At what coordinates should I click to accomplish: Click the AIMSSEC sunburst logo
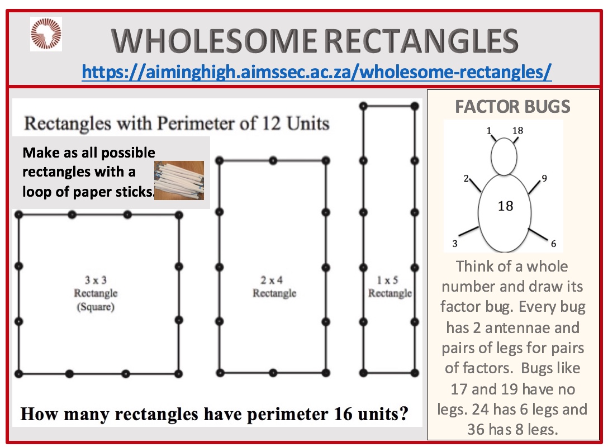[46, 34]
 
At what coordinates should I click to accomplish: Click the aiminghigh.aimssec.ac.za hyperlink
[316, 72]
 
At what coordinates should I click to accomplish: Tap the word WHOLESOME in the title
[214, 41]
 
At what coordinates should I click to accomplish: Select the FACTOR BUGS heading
[512, 107]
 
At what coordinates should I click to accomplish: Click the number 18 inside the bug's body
[505, 206]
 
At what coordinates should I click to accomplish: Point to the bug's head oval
[503, 156]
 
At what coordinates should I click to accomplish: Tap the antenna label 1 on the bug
[489, 131]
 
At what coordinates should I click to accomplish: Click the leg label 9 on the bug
[544, 178]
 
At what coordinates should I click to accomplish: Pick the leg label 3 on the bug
[455, 244]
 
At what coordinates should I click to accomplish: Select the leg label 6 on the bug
[553, 244]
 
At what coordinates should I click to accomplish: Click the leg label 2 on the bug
[466, 178]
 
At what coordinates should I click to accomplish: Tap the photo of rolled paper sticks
[179, 180]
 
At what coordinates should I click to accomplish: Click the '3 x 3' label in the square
[96, 280]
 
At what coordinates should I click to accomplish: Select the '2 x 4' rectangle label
[272, 280]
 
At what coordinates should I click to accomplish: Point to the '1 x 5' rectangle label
[387, 280]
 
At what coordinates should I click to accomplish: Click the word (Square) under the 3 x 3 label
[96, 307]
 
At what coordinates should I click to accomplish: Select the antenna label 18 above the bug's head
[517, 131]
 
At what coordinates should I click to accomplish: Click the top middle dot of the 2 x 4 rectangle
[273, 160]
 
